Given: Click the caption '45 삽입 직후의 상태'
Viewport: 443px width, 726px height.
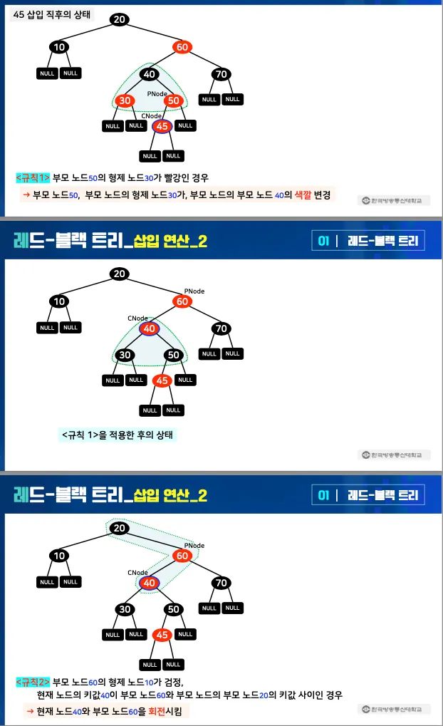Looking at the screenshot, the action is (52, 14).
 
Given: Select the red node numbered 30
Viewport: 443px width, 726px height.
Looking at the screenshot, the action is (126, 101).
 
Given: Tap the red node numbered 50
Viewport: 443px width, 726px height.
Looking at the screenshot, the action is (173, 101).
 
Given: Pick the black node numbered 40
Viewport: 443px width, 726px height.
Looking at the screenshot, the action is (149, 74).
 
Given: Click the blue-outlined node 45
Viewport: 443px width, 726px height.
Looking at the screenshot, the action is (162, 126).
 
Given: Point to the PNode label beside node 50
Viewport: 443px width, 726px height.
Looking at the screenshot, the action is (157, 93).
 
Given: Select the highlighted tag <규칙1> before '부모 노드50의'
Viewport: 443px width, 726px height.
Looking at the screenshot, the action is (33, 177).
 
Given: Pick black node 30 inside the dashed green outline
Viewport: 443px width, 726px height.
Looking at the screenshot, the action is (126, 355).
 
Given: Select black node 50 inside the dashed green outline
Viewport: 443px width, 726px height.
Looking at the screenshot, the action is (173, 355).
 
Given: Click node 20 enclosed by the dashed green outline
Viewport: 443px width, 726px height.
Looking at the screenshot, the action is (120, 528).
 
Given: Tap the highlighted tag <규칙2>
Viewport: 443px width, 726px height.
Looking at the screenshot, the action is (33, 682).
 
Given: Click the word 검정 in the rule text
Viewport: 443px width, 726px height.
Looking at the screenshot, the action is (172, 682).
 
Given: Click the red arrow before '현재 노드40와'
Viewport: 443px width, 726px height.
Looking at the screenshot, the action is (30, 710).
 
